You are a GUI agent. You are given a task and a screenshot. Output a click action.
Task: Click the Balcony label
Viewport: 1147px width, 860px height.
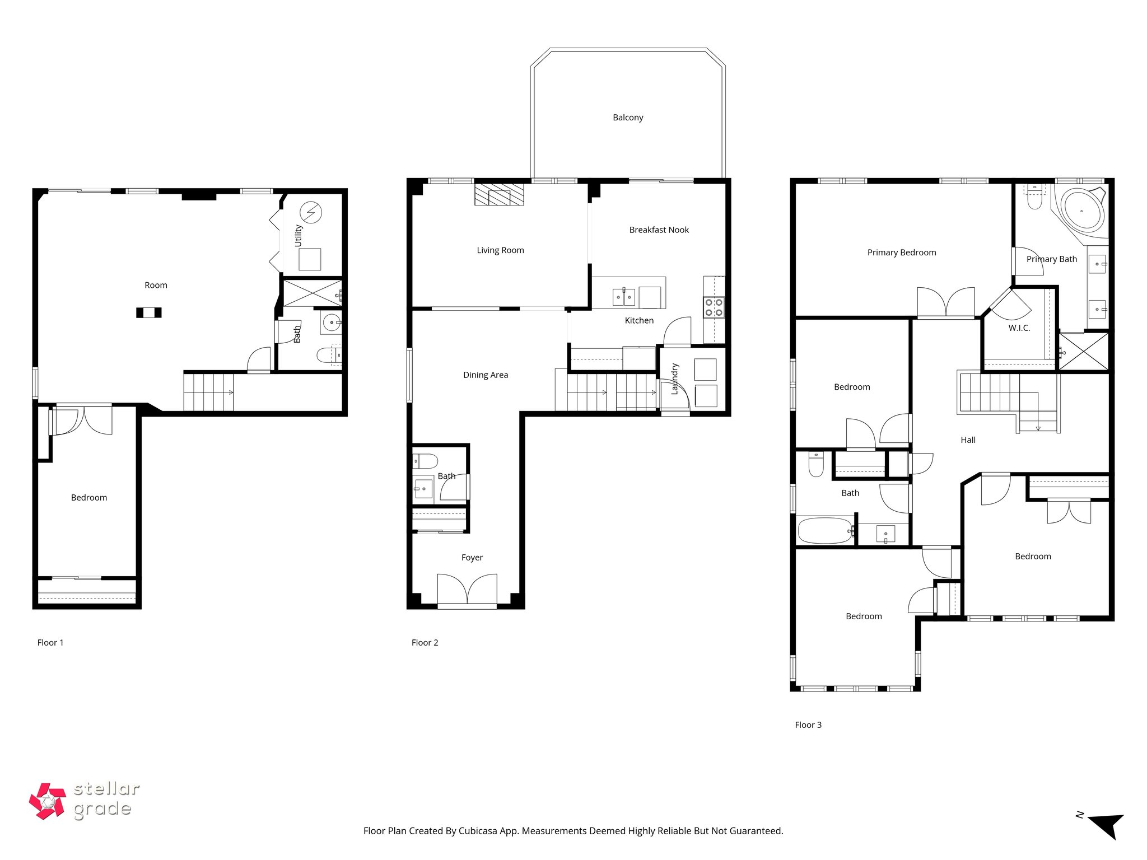tap(628, 118)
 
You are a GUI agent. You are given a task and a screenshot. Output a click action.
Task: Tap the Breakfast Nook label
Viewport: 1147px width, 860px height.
tap(659, 230)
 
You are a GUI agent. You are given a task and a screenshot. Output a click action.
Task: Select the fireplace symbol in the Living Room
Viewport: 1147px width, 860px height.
tap(500, 195)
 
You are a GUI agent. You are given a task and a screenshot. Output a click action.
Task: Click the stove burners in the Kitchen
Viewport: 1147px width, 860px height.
tap(714, 307)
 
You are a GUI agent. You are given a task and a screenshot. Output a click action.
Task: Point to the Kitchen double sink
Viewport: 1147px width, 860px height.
tap(624, 296)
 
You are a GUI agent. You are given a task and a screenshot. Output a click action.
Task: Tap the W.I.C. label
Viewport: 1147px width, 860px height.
tap(1019, 328)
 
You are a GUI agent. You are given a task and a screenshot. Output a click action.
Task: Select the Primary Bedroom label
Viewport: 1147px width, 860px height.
tap(902, 253)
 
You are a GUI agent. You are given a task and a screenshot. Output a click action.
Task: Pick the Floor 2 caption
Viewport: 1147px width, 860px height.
tap(425, 643)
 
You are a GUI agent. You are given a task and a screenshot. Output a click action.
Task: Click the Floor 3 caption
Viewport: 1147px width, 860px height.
tap(808, 725)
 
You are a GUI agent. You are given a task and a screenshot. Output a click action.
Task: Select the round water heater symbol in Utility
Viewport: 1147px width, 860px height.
tap(310, 212)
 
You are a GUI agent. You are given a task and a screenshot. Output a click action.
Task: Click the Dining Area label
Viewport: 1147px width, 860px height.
tap(486, 375)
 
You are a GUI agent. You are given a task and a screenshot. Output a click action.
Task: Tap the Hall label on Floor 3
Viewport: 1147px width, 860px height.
tap(968, 440)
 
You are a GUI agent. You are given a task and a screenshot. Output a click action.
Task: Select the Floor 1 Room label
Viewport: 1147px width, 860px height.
tap(156, 286)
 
